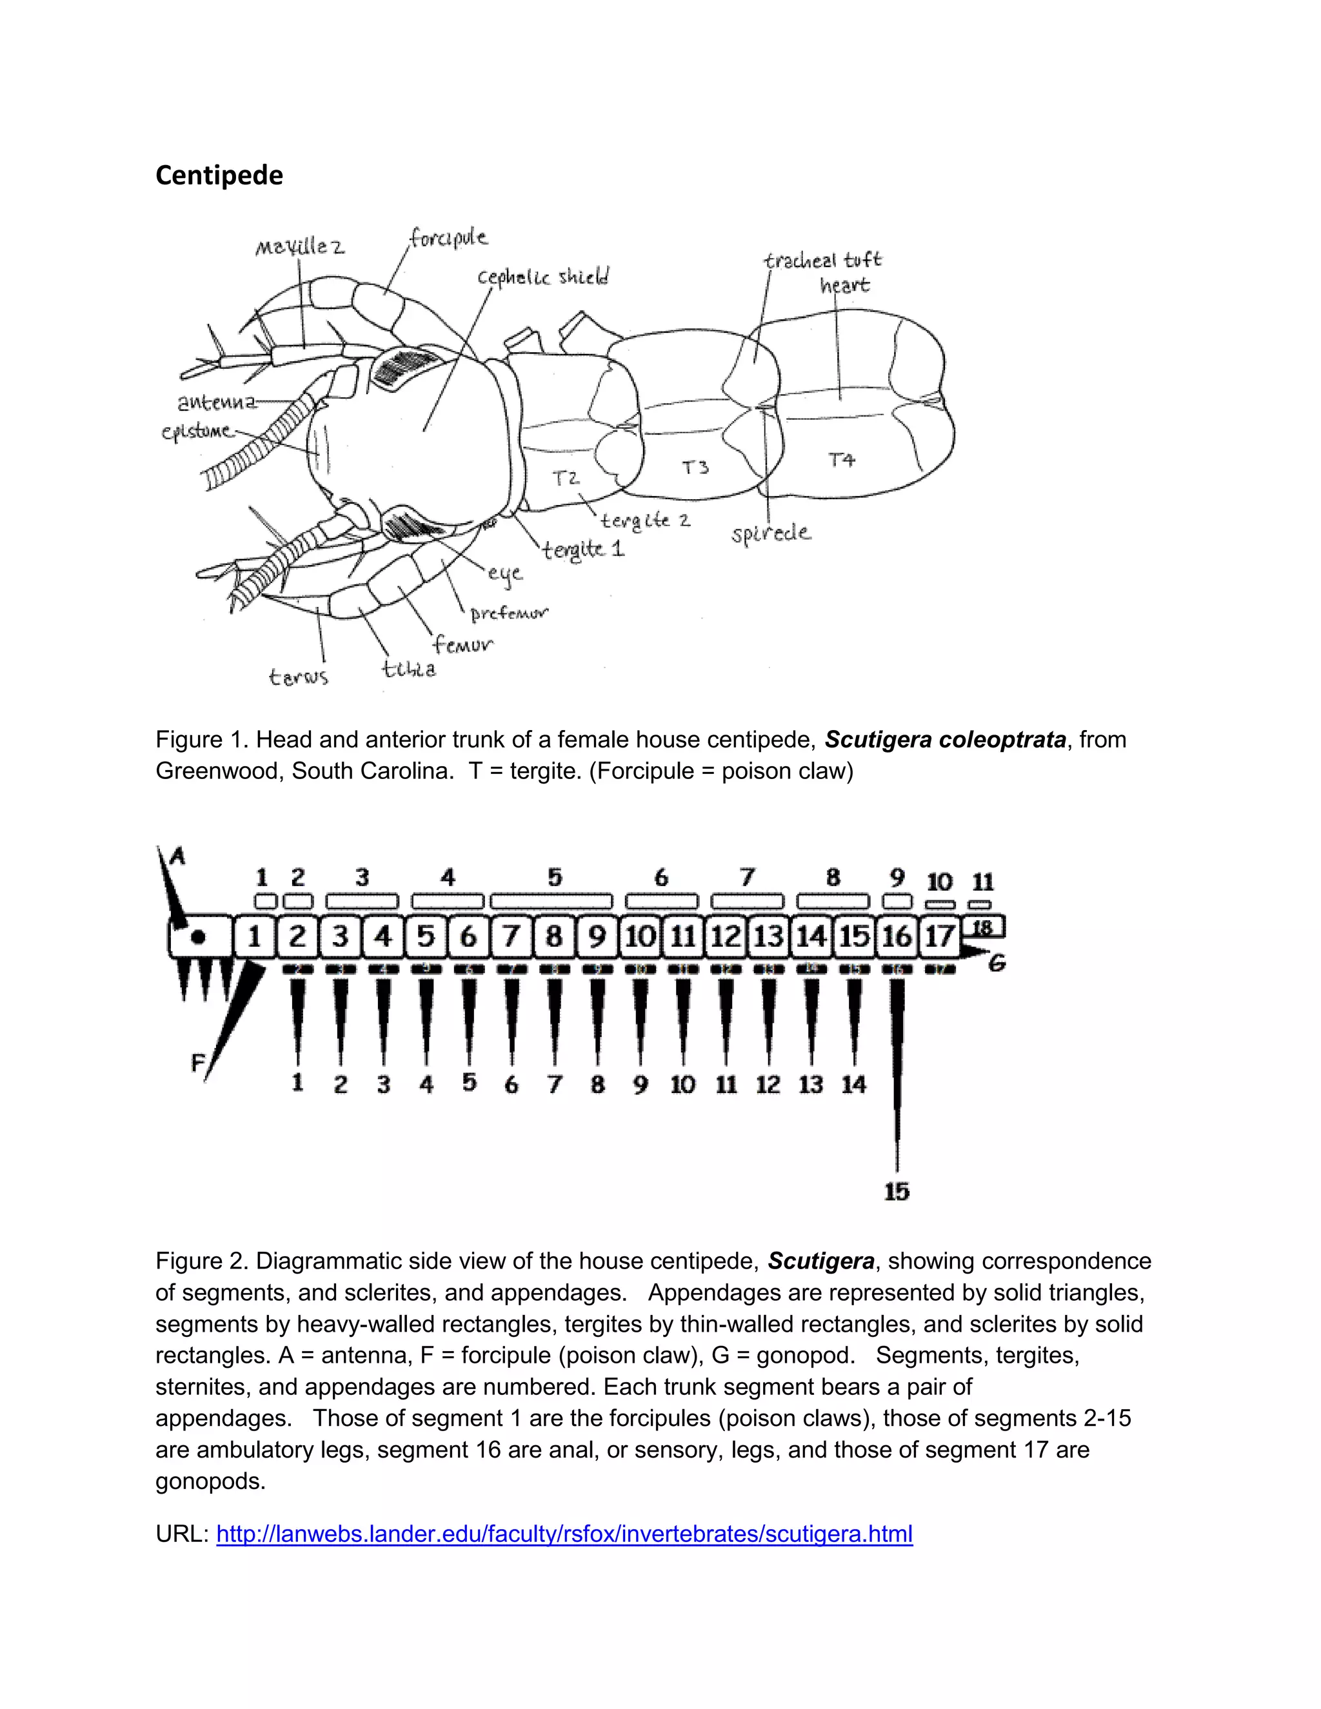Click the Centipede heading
(x=219, y=175)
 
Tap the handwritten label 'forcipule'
(x=448, y=237)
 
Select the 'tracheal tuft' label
(x=822, y=261)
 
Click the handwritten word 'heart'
(x=844, y=285)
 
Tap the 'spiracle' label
(x=771, y=534)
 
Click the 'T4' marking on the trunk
(x=841, y=459)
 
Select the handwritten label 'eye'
(x=505, y=573)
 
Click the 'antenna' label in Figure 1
(x=217, y=402)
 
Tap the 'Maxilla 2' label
(x=300, y=247)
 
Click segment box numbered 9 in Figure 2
(x=597, y=936)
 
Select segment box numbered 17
(x=939, y=936)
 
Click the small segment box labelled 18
(x=982, y=928)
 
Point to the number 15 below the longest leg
(x=897, y=1192)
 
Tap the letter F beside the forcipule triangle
(x=198, y=1063)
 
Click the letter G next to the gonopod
(x=996, y=963)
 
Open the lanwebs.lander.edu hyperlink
(x=564, y=1534)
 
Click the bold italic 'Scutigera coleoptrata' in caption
(x=946, y=740)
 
